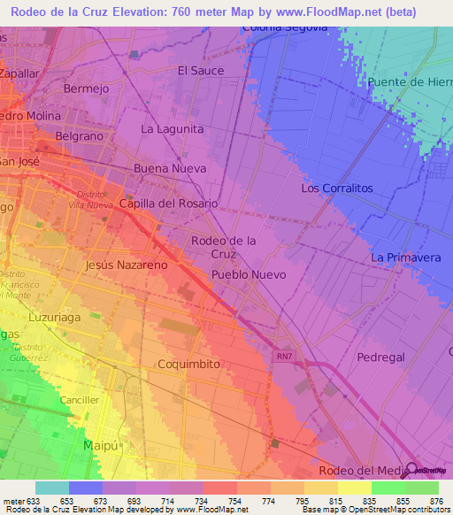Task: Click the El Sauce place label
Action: pos(201,70)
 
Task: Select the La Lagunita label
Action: pos(173,128)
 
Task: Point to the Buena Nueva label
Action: pos(164,167)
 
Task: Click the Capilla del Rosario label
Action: pos(168,204)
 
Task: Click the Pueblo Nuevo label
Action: pos(249,275)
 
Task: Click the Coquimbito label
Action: pos(188,364)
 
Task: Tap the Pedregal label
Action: pos(380,357)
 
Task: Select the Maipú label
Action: pos(100,444)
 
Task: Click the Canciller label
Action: pos(80,400)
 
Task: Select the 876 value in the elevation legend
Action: pos(434,501)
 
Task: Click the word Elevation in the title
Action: pos(173,11)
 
